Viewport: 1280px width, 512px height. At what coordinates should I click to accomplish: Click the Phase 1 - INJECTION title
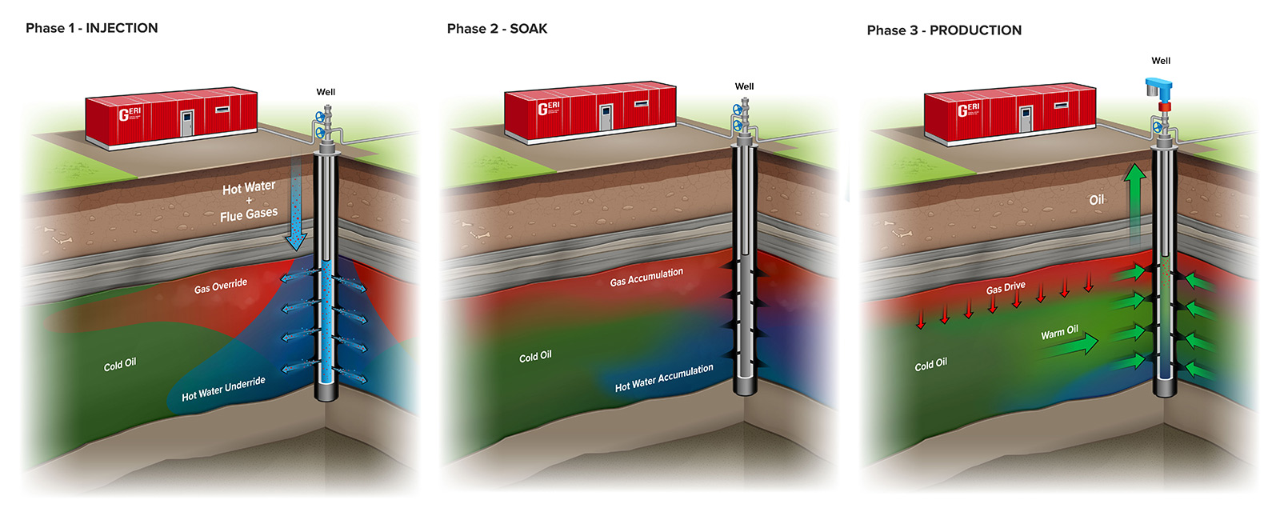(91, 28)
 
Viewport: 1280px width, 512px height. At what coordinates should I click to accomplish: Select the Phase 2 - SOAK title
(497, 29)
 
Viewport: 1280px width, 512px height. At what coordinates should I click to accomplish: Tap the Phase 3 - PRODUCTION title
(944, 30)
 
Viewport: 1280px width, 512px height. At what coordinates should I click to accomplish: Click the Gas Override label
(221, 286)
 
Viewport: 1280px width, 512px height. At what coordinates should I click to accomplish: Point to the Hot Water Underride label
(223, 389)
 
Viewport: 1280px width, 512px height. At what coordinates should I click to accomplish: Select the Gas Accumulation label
(646, 277)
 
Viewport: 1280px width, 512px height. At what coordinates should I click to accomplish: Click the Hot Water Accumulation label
(664, 378)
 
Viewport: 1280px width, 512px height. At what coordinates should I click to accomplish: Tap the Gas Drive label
(1006, 287)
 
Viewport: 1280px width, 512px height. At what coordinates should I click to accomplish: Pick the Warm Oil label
(1059, 332)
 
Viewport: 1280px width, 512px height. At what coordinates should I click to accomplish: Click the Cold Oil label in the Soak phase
(535, 357)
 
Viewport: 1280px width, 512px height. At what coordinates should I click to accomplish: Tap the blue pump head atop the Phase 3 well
(1159, 89)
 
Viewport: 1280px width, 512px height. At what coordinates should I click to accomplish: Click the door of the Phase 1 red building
(187, 123)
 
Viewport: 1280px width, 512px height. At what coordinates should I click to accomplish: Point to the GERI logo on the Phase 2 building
(549, 107)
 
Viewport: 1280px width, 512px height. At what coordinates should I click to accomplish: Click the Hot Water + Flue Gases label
(249, 201)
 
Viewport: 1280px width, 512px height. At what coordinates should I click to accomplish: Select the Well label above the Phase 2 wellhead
(744, 86)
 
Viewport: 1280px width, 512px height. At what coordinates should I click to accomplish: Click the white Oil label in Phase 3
(1096, 200)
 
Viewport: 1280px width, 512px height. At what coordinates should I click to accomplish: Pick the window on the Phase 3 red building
(1061, 106)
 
